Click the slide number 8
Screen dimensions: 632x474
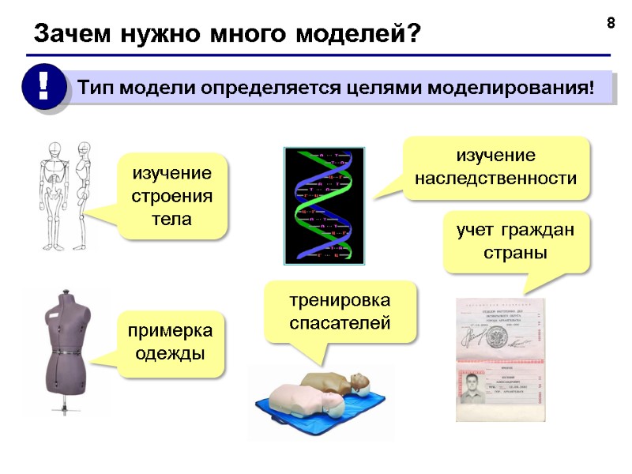point(610,23)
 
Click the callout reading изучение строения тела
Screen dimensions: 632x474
point(172,195)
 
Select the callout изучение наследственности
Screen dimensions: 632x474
point(496,167)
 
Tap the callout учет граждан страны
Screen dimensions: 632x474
point(515,243)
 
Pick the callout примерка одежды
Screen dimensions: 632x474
point(170,343)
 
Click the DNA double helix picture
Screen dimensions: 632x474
point(324,205)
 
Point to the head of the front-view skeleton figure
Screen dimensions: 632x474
point(55,151)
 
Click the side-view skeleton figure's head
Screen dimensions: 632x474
point(84,150)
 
